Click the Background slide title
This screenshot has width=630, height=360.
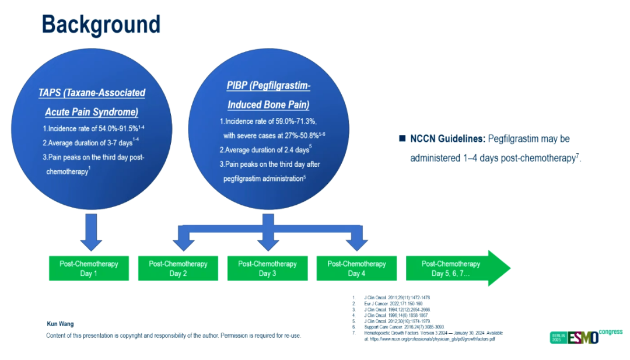(100, 25)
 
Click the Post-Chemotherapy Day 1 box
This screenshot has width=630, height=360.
(89, 268)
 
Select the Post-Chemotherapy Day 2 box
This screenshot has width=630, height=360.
(178, 268)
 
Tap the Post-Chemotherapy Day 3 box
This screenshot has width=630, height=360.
(267, 268)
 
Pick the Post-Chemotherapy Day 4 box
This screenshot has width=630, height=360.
(356, 268)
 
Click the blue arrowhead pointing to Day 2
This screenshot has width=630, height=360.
(178, 240)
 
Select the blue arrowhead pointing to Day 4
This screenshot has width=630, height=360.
(356, 240)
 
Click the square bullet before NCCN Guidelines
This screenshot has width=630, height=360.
(402, 139)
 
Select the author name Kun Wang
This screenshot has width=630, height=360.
(60, 324)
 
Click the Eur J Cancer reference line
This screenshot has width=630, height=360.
(386, 303)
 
